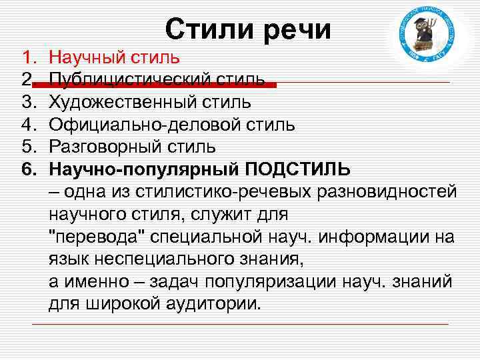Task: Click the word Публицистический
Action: pyautogui.click(x=133, y=81)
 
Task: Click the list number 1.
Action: pyautogui.click(x=27, y=59)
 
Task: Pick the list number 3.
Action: pyautogui.click(x=27, y=103)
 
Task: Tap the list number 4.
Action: pyautogui.click(x=27, y=125)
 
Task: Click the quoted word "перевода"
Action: pyautogui.click(x=97, y=237)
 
